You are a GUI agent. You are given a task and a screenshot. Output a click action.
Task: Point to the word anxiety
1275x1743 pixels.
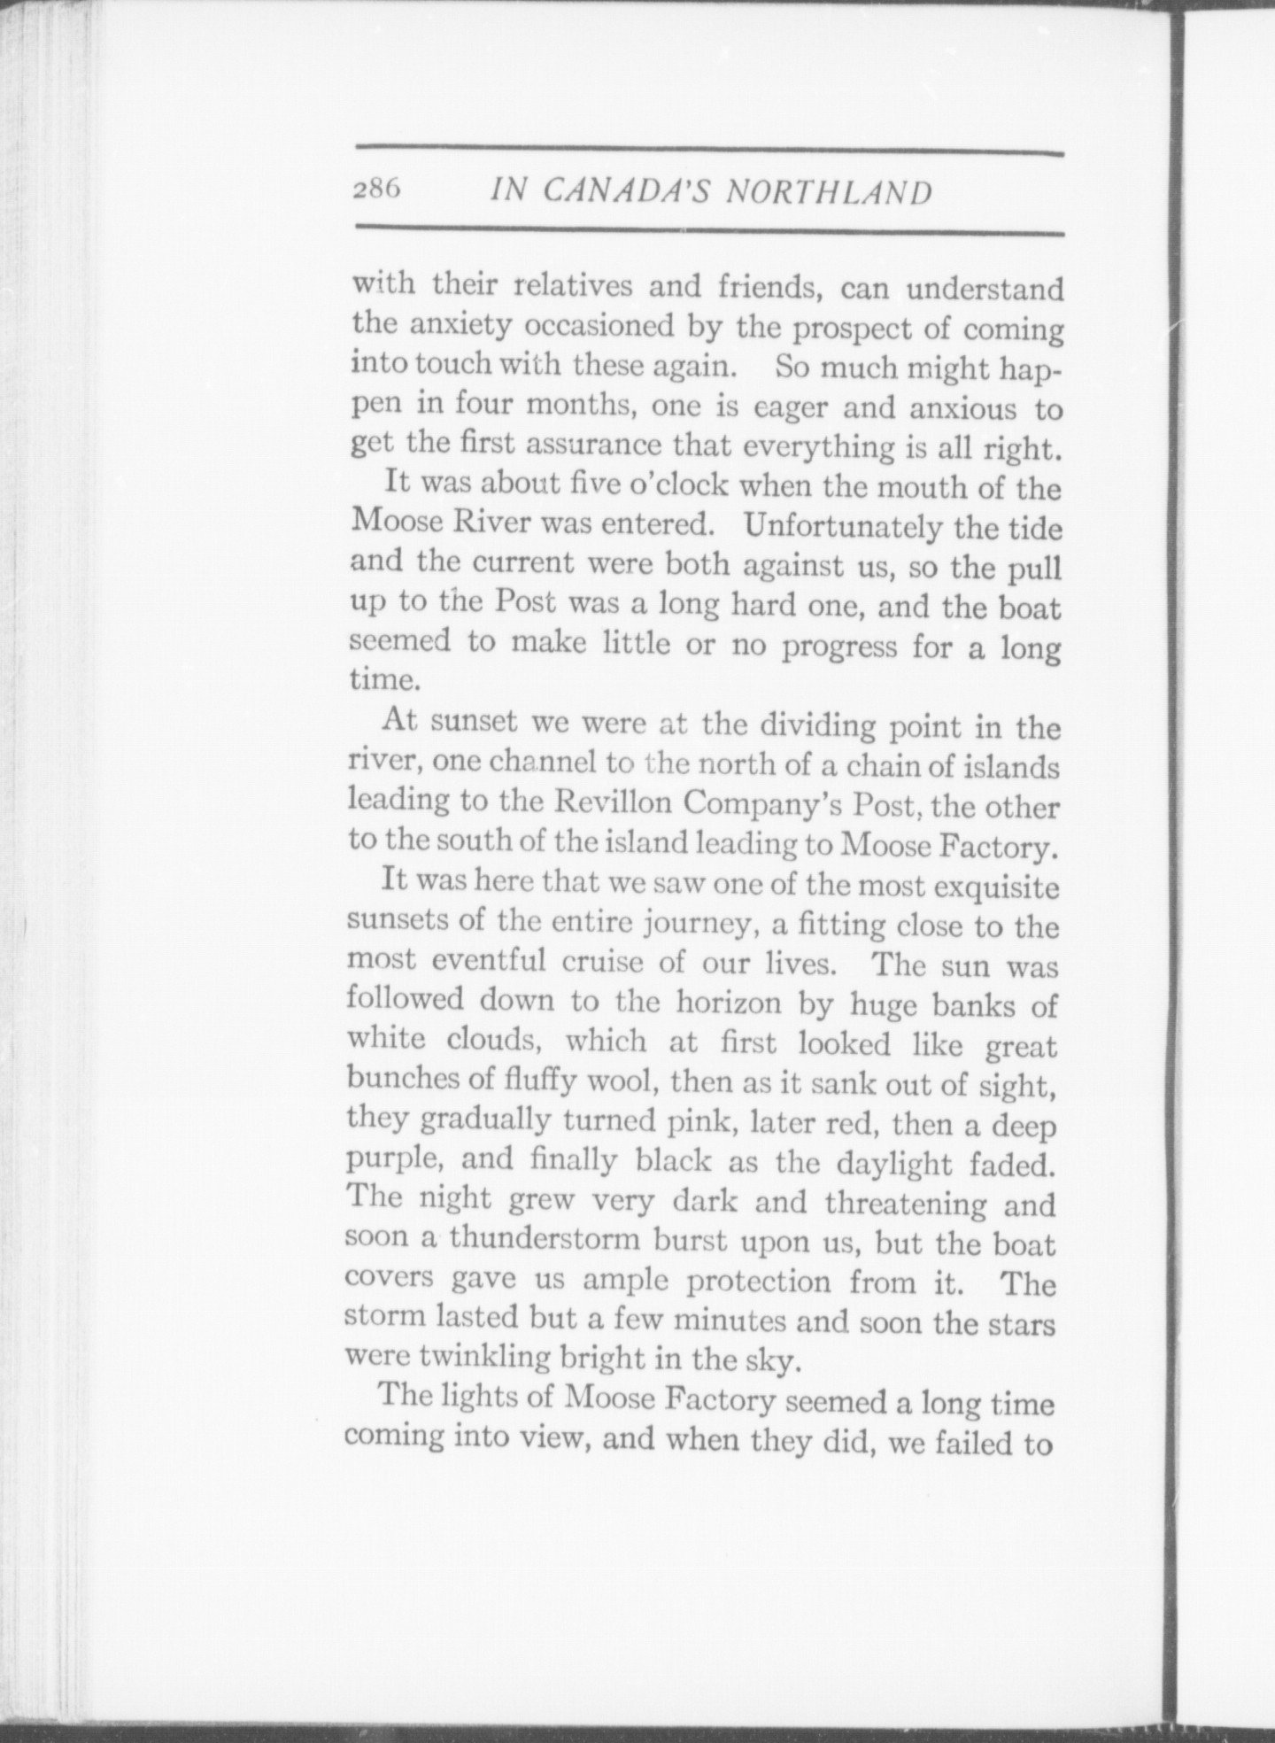pos(466,326)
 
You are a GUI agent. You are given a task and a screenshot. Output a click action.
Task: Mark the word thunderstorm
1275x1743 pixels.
pos(545,1240)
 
